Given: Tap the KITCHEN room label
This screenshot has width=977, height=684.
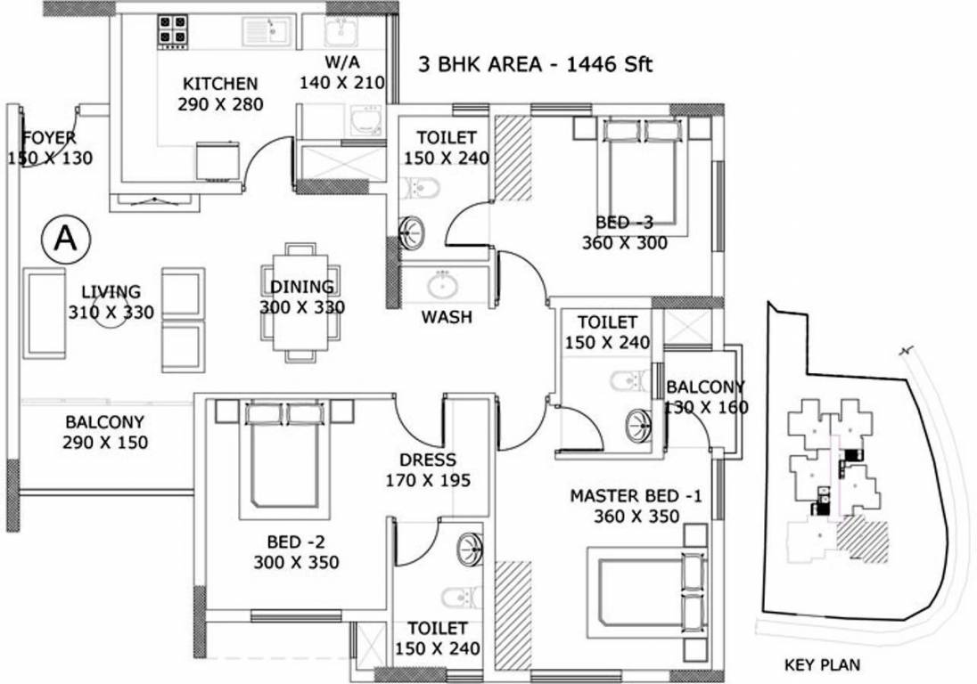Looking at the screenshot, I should tap(220, 85).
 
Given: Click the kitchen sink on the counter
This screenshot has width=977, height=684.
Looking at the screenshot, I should tap(267, 30).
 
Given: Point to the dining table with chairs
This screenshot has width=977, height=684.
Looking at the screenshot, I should tap(300, 303).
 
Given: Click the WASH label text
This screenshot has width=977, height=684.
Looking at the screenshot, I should tap(447, 317).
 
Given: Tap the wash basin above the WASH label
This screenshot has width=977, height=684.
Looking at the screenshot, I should tap(442, 285).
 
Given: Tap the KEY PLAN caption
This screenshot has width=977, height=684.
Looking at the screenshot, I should tap(822, 664).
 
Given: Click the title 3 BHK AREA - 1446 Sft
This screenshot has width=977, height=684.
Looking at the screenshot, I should tap(536, 65).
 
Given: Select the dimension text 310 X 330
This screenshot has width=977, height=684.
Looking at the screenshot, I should tap(111, 313).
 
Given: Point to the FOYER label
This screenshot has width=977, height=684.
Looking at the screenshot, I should tap(49, 138).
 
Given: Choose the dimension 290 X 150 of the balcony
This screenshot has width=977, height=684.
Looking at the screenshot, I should tap(105, 443).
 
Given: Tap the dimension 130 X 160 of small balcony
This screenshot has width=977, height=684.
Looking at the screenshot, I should tap(706, 407).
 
